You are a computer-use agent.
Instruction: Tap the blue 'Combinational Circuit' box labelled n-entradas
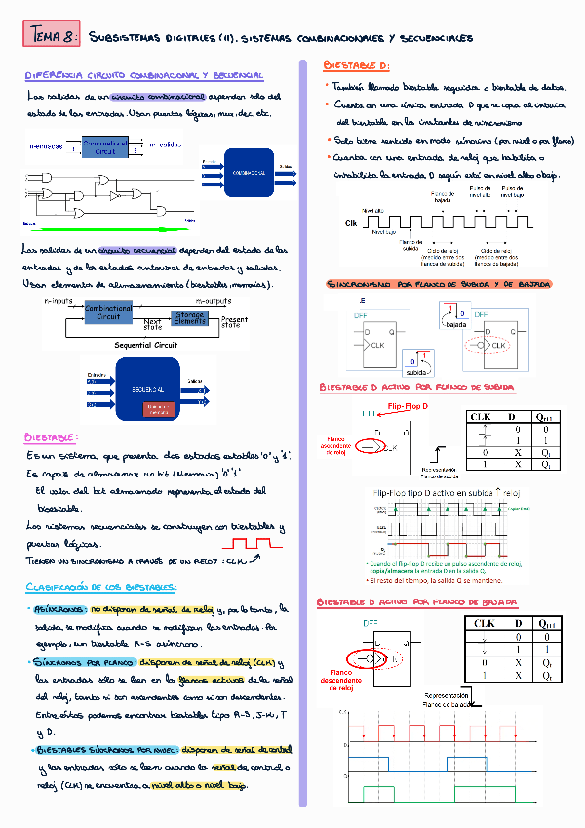click(105, 146)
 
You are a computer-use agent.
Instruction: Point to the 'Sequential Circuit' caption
click(146, 345)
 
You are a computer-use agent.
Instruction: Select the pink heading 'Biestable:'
click(52, 437)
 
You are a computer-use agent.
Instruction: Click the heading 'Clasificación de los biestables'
click(100, 587)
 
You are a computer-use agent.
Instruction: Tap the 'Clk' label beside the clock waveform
click(352, 223)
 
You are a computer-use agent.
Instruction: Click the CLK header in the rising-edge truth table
click(480, 416)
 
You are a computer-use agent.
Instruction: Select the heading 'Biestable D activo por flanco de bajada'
click(416, 602)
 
